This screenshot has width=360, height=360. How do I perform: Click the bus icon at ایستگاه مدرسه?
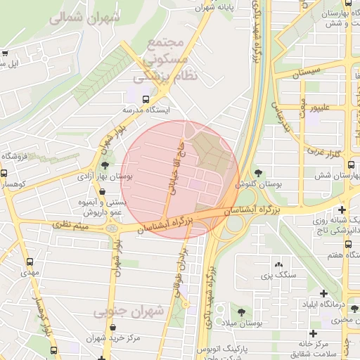(146, 99)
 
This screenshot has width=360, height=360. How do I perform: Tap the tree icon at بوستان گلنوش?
(259, 172)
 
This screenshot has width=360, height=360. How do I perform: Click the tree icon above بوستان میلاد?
(241, 310)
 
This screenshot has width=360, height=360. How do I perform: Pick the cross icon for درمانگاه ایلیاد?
(323, 293)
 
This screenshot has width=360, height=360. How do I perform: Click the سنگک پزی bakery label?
(276, 274)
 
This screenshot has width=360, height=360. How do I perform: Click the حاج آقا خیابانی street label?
(179, 167)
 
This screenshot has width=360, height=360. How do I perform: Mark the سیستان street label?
(309, 71)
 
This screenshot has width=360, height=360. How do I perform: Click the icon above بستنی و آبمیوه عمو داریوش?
(102, 191)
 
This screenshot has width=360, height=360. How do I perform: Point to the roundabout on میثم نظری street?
(112, 229)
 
